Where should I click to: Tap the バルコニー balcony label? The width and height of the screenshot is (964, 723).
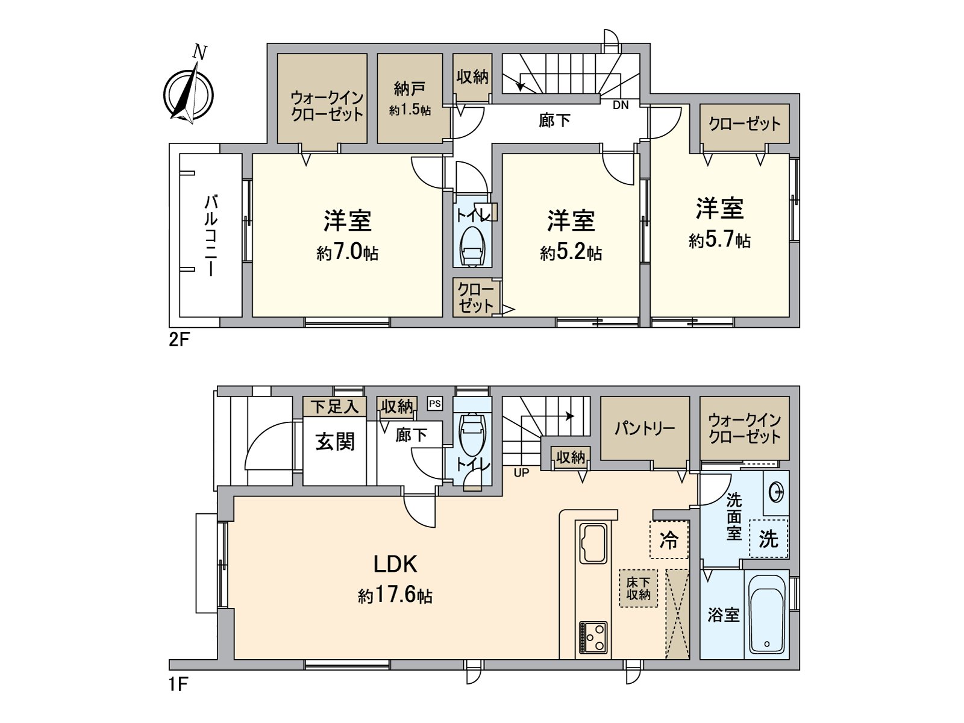(211, 236)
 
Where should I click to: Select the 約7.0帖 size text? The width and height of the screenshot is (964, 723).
(348, 252)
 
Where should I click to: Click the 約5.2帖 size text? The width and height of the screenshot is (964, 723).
(571, 252)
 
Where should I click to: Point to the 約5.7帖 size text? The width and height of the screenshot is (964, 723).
(719, 240)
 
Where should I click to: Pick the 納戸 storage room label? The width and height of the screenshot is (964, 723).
(409, 89)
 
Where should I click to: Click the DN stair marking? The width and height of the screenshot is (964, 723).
(621, 105)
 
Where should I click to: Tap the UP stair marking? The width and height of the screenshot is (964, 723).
(521, 473)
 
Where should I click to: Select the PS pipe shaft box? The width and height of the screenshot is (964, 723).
(435, 404)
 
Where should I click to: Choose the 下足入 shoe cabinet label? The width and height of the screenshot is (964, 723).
(334, 407)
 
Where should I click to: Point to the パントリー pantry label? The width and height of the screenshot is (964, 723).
(644, 428)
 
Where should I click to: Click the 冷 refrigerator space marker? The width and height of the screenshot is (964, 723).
(669, 539)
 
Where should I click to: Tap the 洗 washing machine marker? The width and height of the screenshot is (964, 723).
(769, 538)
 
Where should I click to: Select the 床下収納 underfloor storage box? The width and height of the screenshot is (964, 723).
(638, 588)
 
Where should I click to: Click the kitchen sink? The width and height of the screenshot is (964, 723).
(593, 543)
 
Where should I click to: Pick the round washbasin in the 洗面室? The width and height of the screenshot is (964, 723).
(777, 492)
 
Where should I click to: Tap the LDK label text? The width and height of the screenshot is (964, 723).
(395, 564)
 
